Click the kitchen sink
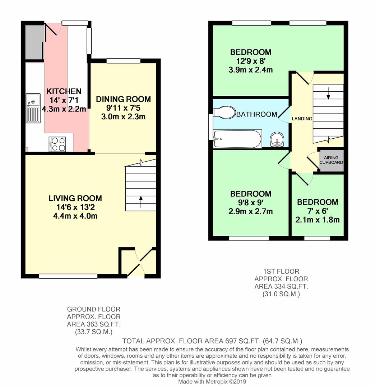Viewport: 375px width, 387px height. click(33, 108)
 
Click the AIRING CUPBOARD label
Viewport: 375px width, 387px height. click(331, 160)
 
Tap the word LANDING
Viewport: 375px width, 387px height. click(302, 119)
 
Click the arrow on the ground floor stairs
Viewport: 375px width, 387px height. click(140, 202)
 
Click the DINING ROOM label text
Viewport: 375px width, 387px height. click(123, 99)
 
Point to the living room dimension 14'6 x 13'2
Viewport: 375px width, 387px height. click(75, 207)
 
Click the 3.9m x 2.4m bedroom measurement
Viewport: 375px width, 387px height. click(250, 70)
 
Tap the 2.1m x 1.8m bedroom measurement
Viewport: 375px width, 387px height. click(317, 220)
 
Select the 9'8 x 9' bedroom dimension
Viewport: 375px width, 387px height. click(250, 203)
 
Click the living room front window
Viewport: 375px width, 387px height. click(68, 276)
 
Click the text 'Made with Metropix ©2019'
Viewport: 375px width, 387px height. click(212, 382)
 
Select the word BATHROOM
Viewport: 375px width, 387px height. click(256, 114)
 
